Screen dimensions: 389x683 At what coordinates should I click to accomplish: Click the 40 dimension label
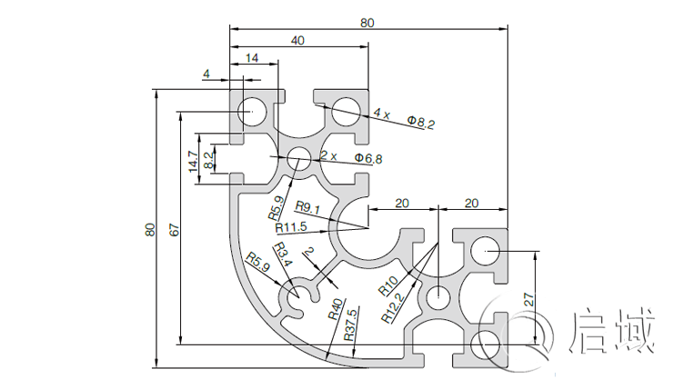[x=297, y=41]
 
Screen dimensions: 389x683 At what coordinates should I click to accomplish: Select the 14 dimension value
[x=252, y=59]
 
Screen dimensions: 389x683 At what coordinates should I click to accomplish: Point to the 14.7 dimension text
[x=193, y=162]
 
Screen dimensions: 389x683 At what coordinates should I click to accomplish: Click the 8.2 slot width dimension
[x=209, y=161]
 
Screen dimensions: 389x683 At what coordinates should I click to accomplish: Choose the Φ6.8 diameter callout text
[x=368, y=158]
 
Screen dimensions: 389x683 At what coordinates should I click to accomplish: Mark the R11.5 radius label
[x=292, y=225]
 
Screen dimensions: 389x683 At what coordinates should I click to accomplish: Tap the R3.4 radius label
[x=283, y=255]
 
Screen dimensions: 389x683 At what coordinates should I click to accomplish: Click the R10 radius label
[x=387, y=286]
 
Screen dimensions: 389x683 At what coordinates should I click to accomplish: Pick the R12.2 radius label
[x=393, y=308]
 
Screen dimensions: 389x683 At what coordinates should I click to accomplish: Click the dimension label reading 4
[x=206, y=74]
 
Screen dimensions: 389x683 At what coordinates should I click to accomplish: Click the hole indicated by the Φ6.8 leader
[x=296, y=160]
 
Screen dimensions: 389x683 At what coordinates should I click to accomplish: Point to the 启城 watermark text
[x=610, y=332]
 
